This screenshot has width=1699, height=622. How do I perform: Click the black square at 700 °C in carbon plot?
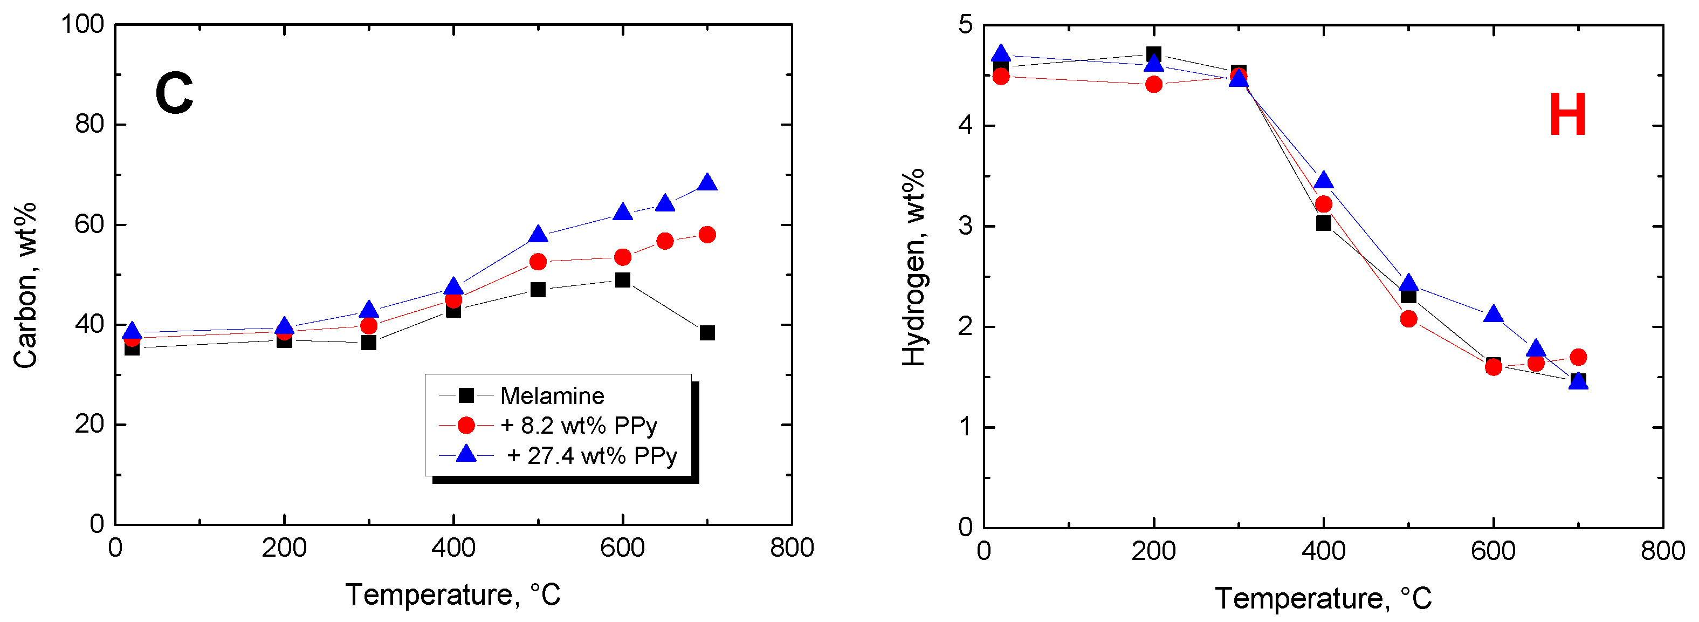point(707,333)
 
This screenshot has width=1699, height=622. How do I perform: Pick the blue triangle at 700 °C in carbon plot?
point(707,183)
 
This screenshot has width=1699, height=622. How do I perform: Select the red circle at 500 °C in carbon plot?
point(538,262)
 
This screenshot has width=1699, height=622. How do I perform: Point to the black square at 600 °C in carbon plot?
point(623,281)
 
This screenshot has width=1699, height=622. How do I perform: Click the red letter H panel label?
point(1567,115)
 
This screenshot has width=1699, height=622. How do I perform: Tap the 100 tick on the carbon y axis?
point(82,24)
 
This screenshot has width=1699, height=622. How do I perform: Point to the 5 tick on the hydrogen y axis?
point(966,25)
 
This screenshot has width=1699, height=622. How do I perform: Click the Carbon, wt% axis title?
point(25,285)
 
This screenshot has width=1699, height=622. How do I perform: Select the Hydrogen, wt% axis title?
point(913,267)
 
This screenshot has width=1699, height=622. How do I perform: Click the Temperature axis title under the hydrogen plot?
point(1323,598)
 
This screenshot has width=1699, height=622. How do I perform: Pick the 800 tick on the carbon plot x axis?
point(792,548)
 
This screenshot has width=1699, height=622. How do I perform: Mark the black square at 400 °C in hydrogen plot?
point(1323,223)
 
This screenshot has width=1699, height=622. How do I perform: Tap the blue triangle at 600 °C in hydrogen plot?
point(1493,315)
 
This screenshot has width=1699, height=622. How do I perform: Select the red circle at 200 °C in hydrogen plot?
point(1153,85)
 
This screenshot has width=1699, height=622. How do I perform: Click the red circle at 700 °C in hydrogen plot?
point(1578,358)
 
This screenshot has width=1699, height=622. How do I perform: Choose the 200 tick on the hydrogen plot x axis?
point(1153,551)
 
